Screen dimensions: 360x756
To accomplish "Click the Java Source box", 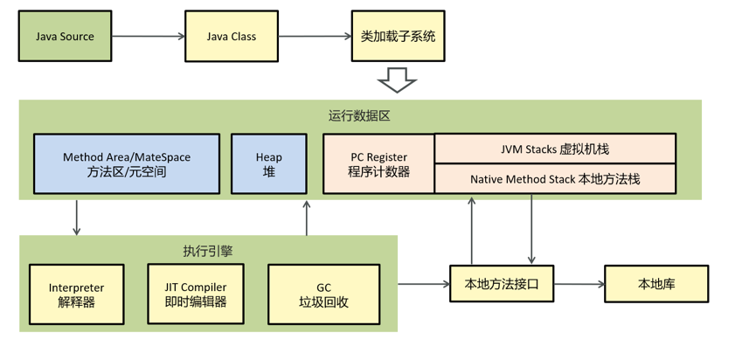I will pos(65,36).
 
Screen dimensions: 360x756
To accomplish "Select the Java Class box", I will pos(231,36).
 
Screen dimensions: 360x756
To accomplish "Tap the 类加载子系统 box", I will pos(398,36).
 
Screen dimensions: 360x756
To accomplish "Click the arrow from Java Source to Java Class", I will pos(149,36).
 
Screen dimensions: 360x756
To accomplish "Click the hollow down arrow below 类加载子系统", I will pos(397,81).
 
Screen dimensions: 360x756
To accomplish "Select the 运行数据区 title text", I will pos(359,115).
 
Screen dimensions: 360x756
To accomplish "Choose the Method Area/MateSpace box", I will pos(126,164).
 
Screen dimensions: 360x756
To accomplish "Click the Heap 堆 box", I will pos(268,164).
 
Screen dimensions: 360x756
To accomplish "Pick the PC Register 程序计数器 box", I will pos(378,164).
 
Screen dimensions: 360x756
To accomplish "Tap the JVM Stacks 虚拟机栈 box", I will pos(555,149).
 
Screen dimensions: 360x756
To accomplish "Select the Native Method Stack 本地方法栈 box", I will pos(555,179).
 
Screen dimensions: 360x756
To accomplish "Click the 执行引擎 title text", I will pos(208,251).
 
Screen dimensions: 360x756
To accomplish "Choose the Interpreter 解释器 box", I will pos(76,294).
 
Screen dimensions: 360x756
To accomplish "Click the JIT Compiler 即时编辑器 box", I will pos(195,294).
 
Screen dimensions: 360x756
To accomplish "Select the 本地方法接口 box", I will pos(502,284).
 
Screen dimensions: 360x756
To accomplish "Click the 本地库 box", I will pos(656,284).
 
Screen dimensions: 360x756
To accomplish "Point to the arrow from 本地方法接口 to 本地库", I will pos(579,284).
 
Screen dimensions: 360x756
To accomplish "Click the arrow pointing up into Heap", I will pos(307,218).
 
